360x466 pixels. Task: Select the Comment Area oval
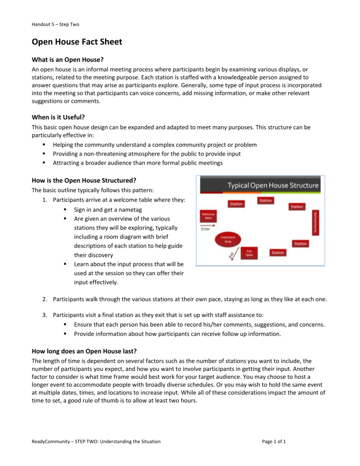(227, 240)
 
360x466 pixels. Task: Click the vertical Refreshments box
(315, 223)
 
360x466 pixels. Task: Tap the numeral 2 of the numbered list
(43, 297)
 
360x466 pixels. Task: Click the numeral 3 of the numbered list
(43, 315)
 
